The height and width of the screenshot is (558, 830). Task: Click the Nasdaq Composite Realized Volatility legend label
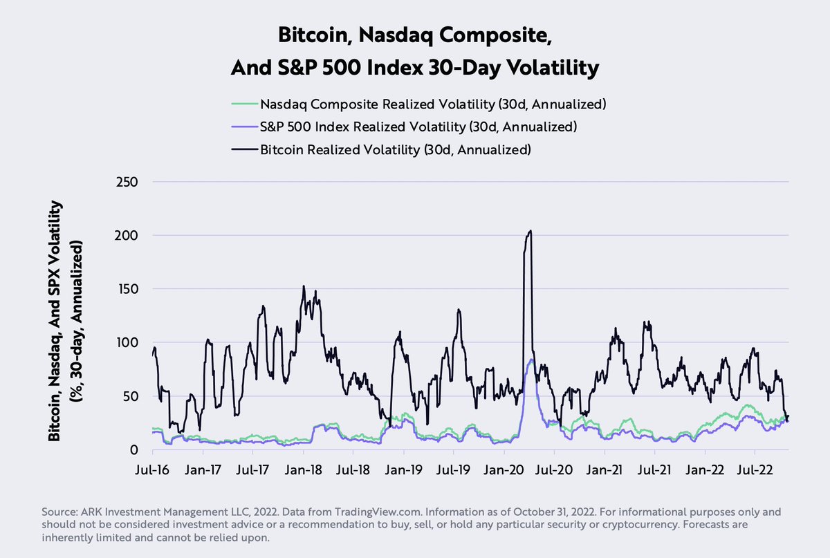pos(433,104)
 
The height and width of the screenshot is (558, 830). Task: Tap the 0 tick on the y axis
pos(136,449)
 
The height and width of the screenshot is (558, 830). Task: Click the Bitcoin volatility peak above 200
pos(530,232)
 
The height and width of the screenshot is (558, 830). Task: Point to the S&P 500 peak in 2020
pos(531,360)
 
